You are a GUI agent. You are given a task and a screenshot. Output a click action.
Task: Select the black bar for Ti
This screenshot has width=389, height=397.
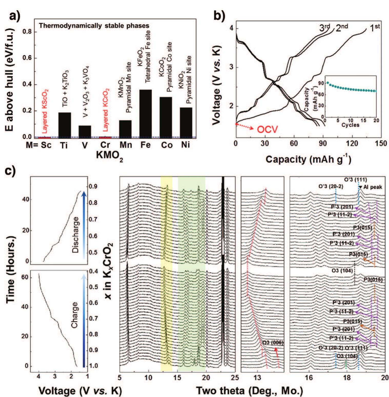[65, 125]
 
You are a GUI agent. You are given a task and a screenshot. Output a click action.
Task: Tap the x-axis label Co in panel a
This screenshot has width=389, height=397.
[167, 145]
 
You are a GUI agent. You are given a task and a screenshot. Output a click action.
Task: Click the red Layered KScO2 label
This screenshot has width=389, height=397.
[45, 111]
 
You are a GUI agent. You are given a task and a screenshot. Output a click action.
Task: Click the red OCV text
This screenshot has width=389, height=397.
[267, 130]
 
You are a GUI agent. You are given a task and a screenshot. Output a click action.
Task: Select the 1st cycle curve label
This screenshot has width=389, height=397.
[375, 28]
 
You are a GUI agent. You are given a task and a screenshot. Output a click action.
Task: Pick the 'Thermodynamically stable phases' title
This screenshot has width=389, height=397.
[94, 26]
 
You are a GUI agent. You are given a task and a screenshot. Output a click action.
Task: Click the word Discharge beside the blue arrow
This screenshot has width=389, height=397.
[76, 235]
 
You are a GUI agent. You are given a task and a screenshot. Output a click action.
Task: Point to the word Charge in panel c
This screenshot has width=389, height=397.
[75, 315]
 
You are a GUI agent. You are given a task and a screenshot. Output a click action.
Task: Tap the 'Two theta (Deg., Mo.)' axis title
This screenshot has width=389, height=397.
[249, 391]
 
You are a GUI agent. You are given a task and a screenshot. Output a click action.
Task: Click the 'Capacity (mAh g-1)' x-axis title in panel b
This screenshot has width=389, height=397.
[308, 159]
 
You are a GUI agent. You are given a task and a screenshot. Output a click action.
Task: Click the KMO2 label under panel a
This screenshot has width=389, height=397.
[110, 155]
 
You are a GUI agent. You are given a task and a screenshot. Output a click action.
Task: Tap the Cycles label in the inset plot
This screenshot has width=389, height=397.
[350, 125]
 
